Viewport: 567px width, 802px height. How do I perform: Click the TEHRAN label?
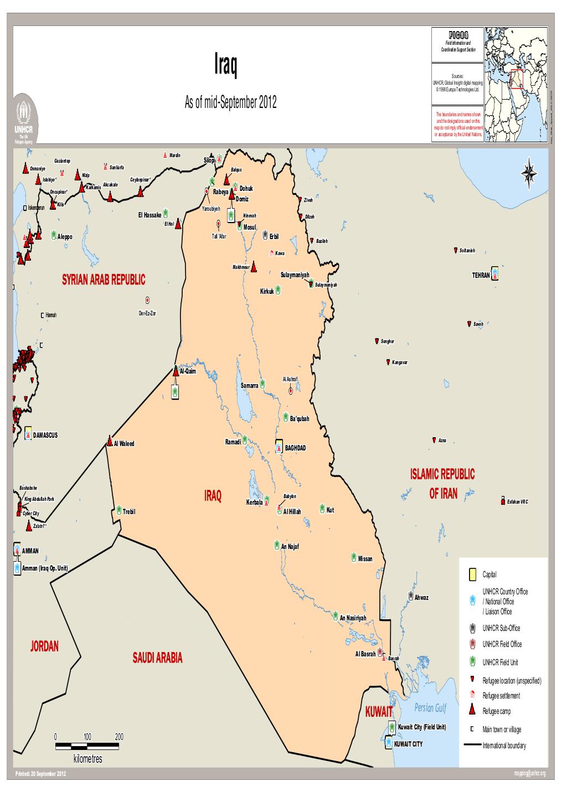pyautogui.click(x=480, y=275)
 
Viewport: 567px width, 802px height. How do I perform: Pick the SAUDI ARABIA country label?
pyautogui.click(x=157, y=658)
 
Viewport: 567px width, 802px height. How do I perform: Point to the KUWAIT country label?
pyautogui.click(x=379, y=712)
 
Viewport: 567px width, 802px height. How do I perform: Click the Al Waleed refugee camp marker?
pyautogui.click(x=110, y=442)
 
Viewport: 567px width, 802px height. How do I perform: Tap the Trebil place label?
pyautogui.click(x=128, y=511)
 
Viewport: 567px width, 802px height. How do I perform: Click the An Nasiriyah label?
pyautogui.click(x=353, y=618)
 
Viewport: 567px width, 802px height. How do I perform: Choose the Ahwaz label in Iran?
pyautogui.click(x=421, y=598)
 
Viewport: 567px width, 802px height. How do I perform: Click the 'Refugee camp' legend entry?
pyautogui.click(x=496, y=711)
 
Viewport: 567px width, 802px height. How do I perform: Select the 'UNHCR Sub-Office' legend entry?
pyautogui.click(x=501, y=628)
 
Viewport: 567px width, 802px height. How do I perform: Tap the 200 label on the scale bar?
pyautogui.click(x=119, y=737)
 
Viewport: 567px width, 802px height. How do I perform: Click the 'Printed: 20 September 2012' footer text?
pyautogui.click(x=42, y=773)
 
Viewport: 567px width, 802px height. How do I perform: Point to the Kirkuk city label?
pyautogui.click(x=267, y=291)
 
